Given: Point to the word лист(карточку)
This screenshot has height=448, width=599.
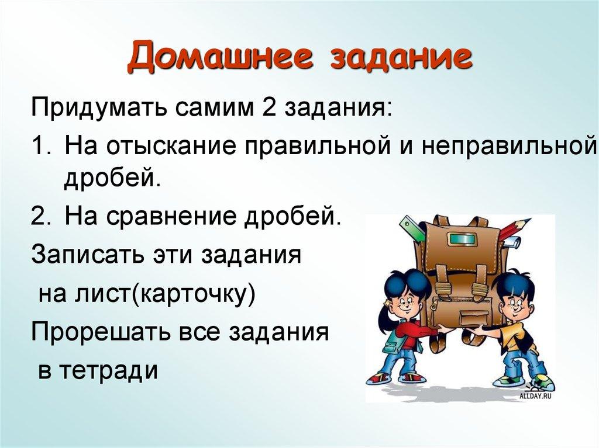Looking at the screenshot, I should pos(175,291).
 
